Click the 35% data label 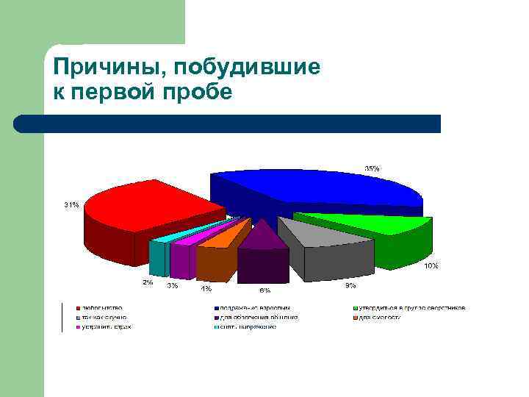click(373, 168)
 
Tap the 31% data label click(71, 204)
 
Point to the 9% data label click(350, 285)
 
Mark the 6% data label click(264, 290)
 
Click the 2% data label click(148, 282)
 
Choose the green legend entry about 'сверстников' click(411, 307)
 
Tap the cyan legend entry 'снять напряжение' click(245, 326)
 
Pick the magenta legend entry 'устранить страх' click(105, 326)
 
